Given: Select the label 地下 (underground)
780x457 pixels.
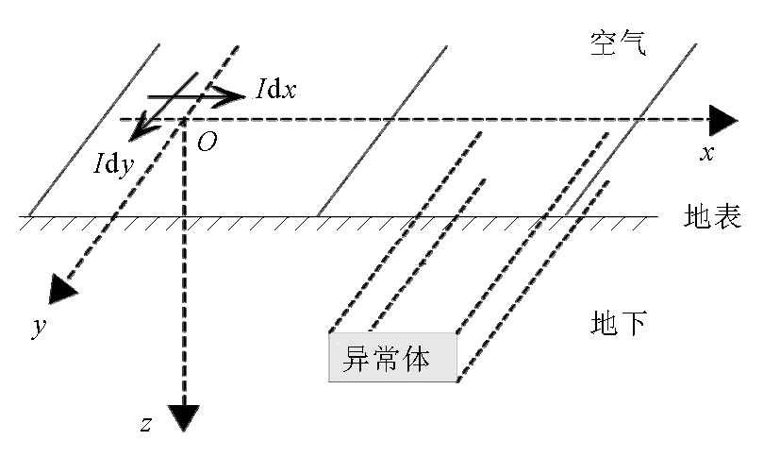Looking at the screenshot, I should click(619, 324).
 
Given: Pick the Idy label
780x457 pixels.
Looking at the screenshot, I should click(112, 162).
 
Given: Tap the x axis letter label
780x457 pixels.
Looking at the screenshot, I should click(705, 153).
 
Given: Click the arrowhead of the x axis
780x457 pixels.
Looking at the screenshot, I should click(723, 120).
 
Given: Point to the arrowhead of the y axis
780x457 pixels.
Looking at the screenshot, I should click(62, 287).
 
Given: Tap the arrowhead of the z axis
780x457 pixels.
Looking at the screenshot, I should click(184, 415).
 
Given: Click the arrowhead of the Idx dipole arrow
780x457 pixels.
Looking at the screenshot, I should click(233, 96).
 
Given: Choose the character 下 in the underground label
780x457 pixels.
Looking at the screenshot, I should click(634, 324).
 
